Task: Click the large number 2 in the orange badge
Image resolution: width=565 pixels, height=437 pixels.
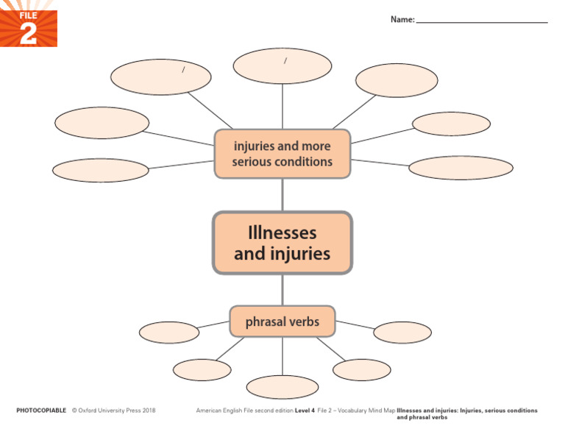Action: pos(28,34)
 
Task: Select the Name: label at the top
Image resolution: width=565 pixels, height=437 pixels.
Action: pos(402,19)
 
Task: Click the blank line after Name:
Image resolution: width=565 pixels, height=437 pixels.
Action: pos(482,21)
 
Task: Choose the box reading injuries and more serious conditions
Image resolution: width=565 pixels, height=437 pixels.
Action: pos(282,154)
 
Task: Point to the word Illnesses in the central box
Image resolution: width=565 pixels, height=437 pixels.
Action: pos(282,233)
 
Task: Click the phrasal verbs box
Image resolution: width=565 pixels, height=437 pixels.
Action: pos(282,321)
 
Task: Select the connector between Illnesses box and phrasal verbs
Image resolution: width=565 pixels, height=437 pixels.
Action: pos(282,290)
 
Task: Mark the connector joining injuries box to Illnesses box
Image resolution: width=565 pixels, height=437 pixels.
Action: pos(282,195)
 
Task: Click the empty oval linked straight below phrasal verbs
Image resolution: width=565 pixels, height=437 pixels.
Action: pos(282,387)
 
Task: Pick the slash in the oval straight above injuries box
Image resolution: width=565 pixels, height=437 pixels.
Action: pos(285,61)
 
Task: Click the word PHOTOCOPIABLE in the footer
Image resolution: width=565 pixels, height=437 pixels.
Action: pos(41,410)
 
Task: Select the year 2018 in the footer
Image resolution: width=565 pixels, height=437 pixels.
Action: pos(149,410)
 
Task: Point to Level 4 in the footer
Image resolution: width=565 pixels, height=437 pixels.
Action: pos(305,410)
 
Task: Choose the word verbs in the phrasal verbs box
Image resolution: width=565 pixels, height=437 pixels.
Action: pos(303,322)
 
